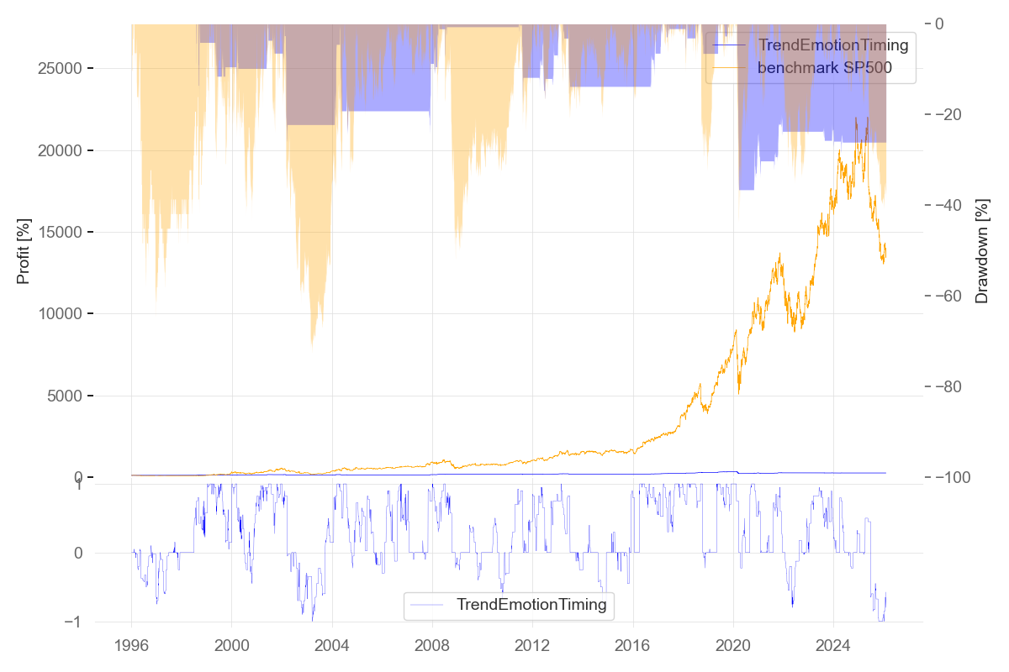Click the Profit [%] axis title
pos(24,249)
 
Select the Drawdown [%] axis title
pos(981,249)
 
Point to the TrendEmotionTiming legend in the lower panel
pos(531,605)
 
